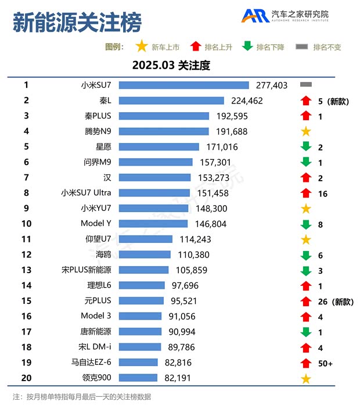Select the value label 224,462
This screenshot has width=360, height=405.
[247, 101]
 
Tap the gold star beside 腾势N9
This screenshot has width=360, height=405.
[305, 131]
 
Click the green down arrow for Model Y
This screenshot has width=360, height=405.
[305, 224]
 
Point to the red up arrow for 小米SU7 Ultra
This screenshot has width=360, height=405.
[305, 193]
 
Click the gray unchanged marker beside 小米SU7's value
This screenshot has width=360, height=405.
[306, 85]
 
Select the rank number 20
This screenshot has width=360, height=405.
[26, 378]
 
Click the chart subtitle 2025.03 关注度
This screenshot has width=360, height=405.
[171, 65]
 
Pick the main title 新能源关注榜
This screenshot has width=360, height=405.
[77, 24]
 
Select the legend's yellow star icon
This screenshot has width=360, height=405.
[141, 46]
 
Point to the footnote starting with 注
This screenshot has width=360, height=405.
[82, 396]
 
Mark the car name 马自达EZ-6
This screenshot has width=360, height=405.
[92, 363]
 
